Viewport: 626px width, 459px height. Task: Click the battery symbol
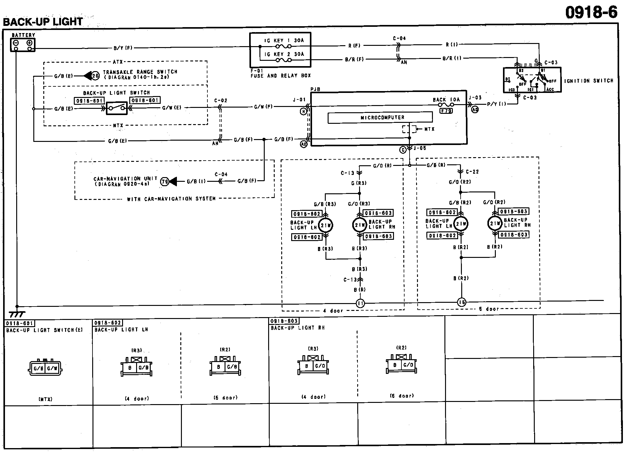[23, 45]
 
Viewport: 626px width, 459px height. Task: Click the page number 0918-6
[591, 13]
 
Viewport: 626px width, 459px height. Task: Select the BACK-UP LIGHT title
[43, 22]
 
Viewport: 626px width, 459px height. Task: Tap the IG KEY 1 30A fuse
[283, 46]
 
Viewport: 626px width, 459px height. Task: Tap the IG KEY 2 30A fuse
[283, 60]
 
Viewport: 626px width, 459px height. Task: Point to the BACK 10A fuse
[446, 105]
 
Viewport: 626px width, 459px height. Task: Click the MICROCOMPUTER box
[380, 118]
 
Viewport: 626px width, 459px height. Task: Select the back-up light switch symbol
[116, 108]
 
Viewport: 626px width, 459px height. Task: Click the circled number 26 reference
[95, 75]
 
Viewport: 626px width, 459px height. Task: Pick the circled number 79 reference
[164, 181]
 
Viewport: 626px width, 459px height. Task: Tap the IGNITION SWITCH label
[589, 81]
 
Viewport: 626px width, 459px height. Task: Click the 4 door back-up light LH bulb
[326, 225]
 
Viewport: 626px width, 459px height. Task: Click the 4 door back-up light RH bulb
[360, 225]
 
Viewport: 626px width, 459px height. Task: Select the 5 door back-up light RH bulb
[495, 223]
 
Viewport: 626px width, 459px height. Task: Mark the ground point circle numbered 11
[360, 303]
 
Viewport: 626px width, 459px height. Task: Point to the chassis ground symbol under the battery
[17, 313]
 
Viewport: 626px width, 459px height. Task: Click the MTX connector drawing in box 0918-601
[45, 368]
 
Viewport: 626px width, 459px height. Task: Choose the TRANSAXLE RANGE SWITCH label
[140, 72]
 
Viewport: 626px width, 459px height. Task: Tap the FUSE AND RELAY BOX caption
[280, 76]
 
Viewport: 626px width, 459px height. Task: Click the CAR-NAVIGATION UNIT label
[125, 179]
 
